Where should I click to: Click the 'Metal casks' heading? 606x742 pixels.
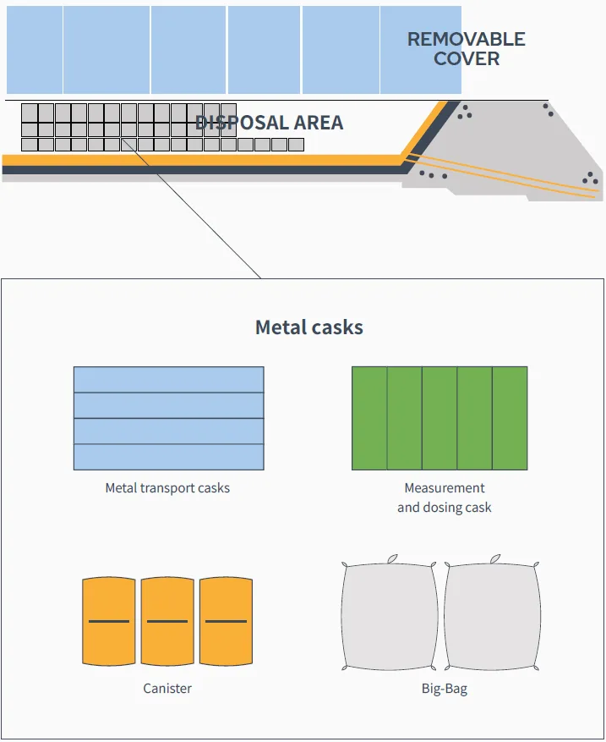tap(309, 327)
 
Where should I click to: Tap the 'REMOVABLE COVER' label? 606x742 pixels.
tap(466, 49)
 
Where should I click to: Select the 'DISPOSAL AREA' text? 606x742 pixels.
tap(269, 123)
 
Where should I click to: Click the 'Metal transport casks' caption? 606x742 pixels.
tap(167, 488)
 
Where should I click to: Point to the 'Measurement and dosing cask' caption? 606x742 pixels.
tap(445, 497)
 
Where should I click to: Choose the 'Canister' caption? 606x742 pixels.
tap(167, 688)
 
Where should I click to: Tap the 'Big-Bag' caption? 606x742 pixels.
tap(445, 689)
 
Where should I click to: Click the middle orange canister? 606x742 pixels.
tap(167, 621)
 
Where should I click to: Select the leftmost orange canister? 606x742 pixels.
tap(109, 621)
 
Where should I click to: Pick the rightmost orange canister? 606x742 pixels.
tap(226, 621)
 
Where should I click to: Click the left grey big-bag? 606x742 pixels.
tap(389, 616)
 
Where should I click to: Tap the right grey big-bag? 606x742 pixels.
tap(492, 616)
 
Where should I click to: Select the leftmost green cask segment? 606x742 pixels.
tap(369, 418)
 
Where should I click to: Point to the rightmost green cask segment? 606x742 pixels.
tap(510, 418)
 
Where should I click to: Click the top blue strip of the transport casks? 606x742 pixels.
tap(169, 380)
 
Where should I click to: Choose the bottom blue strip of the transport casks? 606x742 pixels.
tap(169, 457)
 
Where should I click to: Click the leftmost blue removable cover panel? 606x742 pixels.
tap(35, 50)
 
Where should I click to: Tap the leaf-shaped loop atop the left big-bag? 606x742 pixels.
tap(392, 559)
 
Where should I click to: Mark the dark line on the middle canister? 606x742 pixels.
tap(167, 621)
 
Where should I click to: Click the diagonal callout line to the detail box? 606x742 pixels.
tap(191, 208)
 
